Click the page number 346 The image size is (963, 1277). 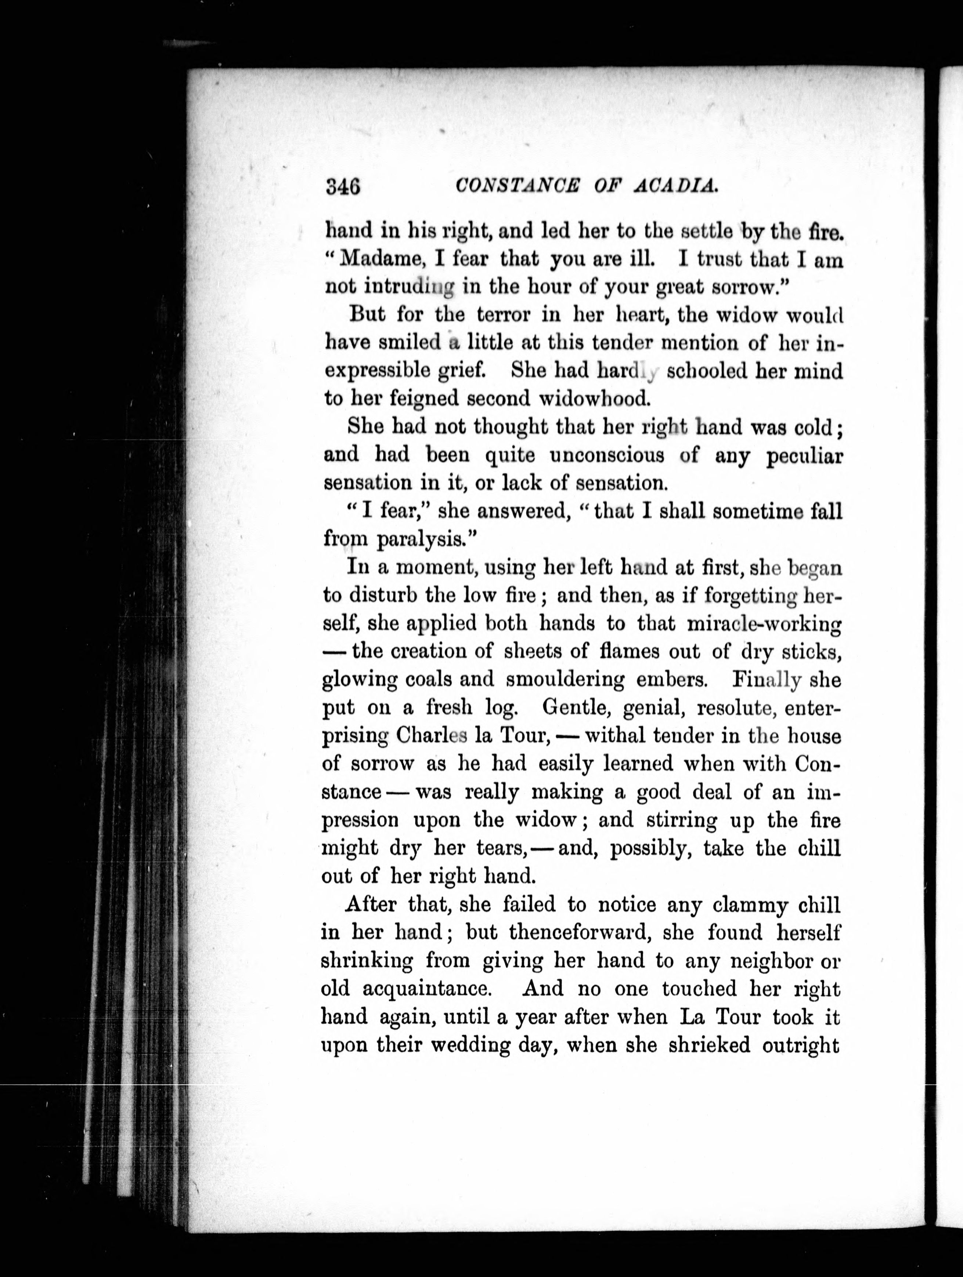pos(343,186)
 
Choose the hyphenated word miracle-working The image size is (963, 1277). pos(764,623)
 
